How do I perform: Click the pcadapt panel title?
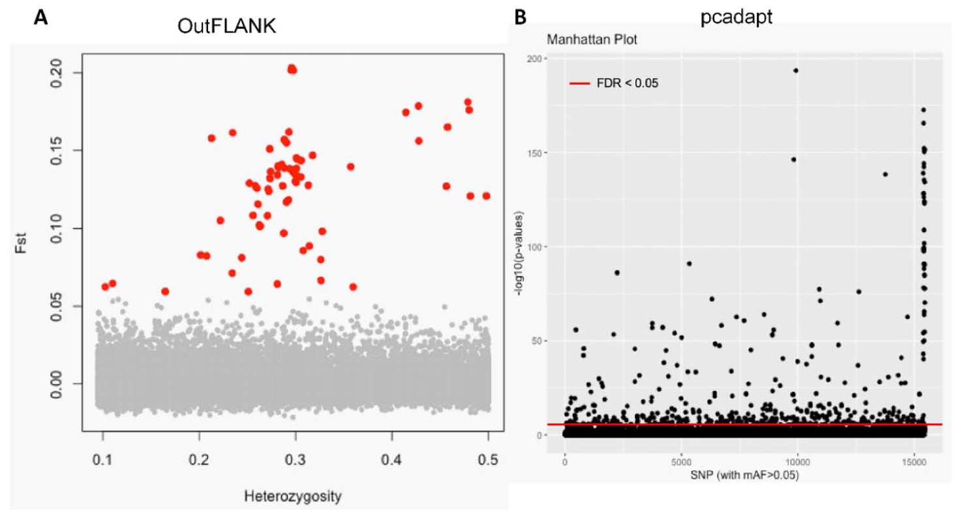coord(731,18)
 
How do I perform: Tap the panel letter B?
coord(521,17)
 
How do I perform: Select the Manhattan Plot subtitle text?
coord(591,39)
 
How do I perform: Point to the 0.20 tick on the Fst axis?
coord(66,72)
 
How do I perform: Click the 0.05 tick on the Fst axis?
coord(66,306)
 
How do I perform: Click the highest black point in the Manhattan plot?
coord(795,70)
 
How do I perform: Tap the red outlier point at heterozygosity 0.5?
coord(486,196)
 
